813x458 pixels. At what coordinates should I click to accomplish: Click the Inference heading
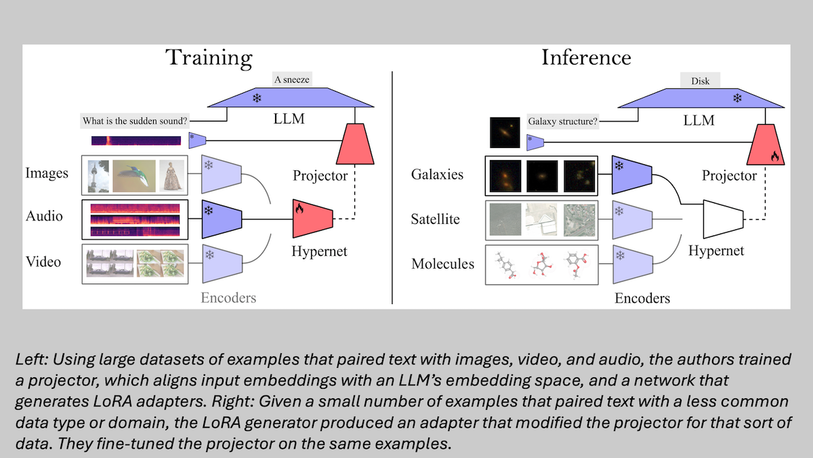[586, 57]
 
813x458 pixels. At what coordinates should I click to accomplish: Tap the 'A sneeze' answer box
[291, 79]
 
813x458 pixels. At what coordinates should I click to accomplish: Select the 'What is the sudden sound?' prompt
[134, 121]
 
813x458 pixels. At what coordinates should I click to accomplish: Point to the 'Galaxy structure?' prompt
[563, 123]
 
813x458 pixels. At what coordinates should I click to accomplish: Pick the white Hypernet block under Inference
[723, 219]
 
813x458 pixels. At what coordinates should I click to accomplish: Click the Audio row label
[44, 216]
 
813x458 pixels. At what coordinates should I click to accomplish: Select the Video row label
[43, 262]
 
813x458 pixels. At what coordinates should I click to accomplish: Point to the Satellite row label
[436, 219]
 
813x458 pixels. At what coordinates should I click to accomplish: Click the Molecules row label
[443, 263]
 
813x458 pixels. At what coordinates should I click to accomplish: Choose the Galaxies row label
[438, 174]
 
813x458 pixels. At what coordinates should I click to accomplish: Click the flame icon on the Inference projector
[775, 155]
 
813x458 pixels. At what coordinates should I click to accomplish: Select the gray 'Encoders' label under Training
[228, 297]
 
